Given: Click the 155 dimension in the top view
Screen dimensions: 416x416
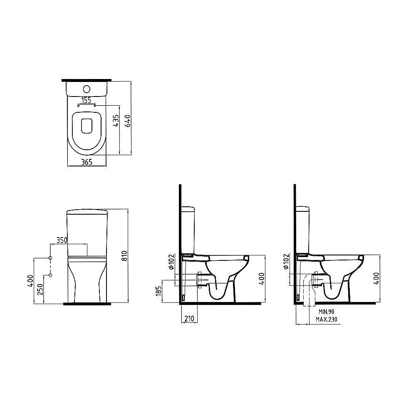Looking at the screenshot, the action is point(86,100).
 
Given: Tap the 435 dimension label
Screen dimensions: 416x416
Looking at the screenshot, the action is point(116,121).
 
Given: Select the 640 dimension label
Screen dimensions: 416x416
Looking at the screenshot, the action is point(128,121).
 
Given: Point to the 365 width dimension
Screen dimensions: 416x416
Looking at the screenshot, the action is point(87,162).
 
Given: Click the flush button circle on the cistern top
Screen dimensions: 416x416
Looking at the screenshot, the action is point(87,89).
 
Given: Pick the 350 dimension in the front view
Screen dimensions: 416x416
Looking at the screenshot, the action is point(62,240).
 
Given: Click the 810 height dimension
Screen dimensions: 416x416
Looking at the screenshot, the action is point(125,256).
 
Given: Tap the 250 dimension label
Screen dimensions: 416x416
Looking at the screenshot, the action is point(40,290).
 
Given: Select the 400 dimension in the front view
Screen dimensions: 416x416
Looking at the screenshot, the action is point(30,281).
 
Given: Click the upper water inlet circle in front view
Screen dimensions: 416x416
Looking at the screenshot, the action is point(50,258).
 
